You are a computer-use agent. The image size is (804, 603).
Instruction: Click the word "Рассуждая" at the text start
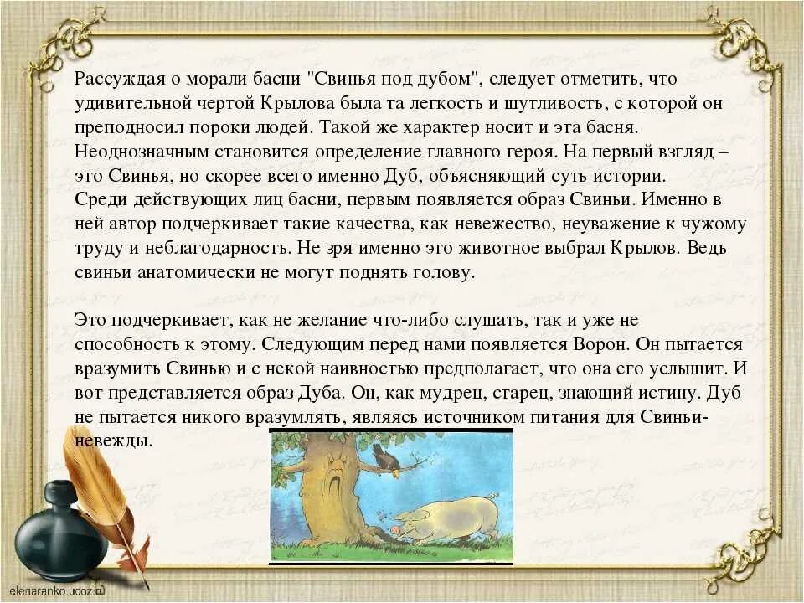pyautogui.click(x=112, y=80)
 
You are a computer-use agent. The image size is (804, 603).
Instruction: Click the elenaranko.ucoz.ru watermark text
pyautogui.click(x=59, y=590)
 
